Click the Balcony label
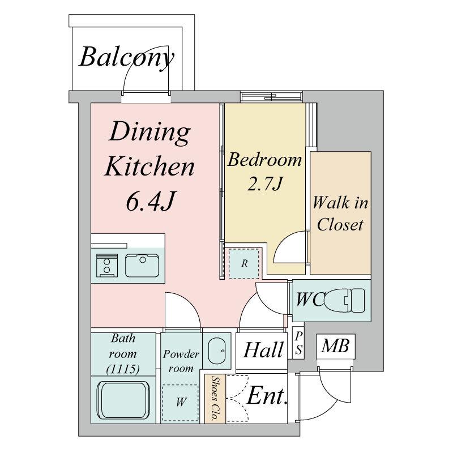pos(126,57)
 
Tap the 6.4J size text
pos(151,201)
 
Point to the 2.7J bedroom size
pos(264,183)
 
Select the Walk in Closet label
pos(340,213)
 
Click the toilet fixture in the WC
pos(344,301)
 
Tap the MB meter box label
pos(335,346)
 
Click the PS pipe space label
pos(298,343)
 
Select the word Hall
pos(263,350)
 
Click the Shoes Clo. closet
pos(215,399)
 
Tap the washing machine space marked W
pos(180,403)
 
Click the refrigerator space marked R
pos(245,263)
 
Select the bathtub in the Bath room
pos(123,401)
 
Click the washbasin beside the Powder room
pos(217,351)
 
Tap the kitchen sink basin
pos(142,266)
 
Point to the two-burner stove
pos(107,266)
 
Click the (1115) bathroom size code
pos(123,369)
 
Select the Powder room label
pos(181,361)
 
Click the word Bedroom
pos(264,160)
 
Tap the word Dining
pos(149,133)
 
